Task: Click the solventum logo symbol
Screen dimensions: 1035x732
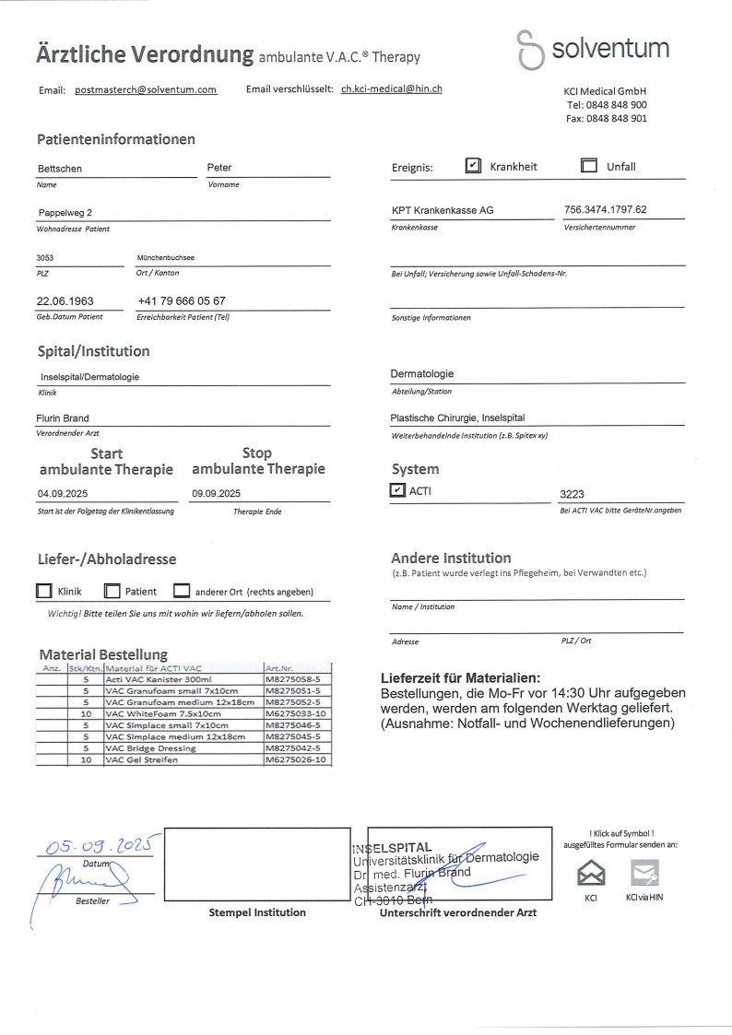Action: [x=530, y=49]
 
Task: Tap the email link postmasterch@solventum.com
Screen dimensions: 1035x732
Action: [x=146, y=89]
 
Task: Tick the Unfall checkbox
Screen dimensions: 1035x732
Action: [x=589, y=166]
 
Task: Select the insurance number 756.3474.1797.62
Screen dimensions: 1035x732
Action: [x=605, y=210]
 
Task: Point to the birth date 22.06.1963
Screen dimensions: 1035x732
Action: [x=65, y=301]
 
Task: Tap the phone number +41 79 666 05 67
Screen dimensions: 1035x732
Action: [x=181, y=301]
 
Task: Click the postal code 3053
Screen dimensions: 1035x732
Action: [x=45, y=258]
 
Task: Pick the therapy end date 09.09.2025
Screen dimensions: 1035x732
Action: [x=216, y=493]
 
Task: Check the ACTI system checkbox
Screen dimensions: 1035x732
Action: [x=398, y=491]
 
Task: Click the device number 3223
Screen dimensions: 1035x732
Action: [x=573, y=494]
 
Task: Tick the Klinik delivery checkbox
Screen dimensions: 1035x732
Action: [x=44, y=591]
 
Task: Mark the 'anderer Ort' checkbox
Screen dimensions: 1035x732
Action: [x=182, y=591]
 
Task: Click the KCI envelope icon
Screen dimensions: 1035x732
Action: [x=591, y=872]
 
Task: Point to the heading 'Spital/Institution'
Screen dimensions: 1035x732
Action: [x=93, y=351]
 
